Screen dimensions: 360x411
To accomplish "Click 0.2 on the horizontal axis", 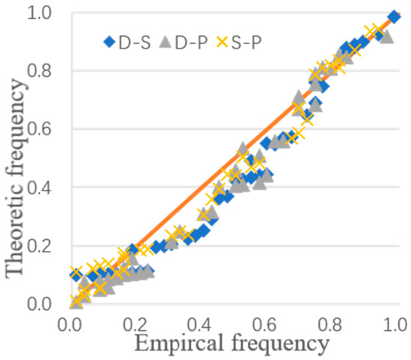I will pyautogui.click(x=135, y=326).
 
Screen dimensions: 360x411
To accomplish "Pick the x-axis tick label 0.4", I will pyautogui.click(x=200, y=326).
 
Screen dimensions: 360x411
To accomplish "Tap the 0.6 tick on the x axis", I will pyautogui.click(x=265, y=326).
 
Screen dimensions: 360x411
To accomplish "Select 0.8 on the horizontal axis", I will pyautogui.click(x=330, y=326).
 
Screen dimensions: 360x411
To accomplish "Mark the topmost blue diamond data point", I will pyautogui.click(x=394, y=16).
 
